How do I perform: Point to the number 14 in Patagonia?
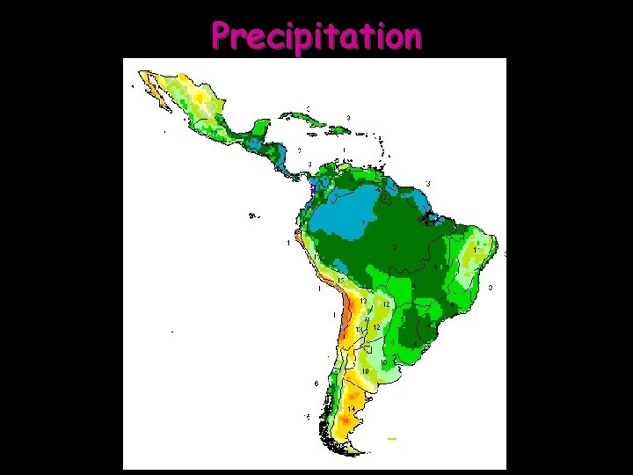click(351, 409)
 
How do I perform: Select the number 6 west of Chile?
click(316, 384)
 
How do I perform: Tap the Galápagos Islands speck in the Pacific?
click(254, 213)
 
